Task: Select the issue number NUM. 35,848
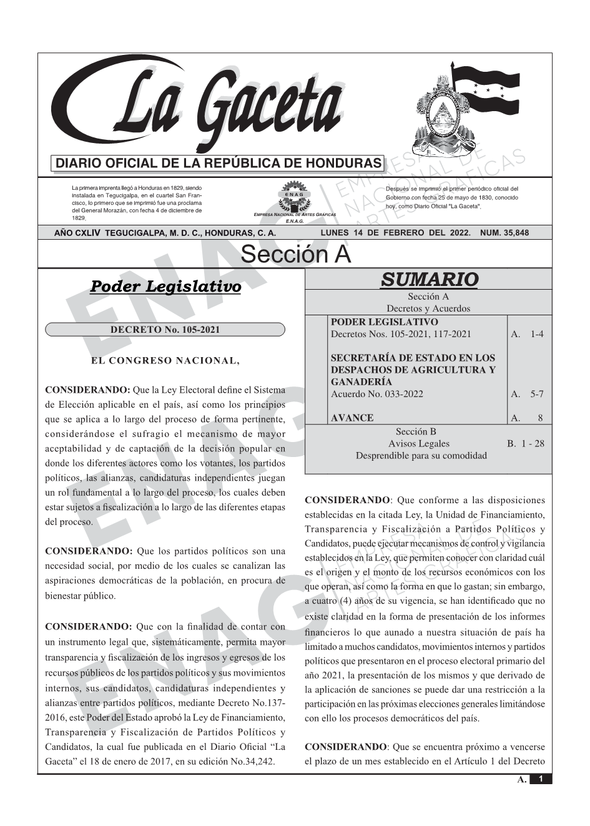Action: pyautogui.click(x=504, y=233)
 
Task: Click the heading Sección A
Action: pyautogui.click(x=295, y=255)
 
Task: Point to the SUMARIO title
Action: pyautogui.click(x=429, y=279)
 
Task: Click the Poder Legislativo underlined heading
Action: pyautogui.click(x=165, y=287)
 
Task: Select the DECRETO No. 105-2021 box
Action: pyautogui.click(x=165, y=330)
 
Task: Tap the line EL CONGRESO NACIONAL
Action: pyautogui.click(x=165, y=360)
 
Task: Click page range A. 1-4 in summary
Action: pyautogui.click(x=527, y=334)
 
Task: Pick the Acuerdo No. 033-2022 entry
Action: pyautogui.click(x=376, y=394)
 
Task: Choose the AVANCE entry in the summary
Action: pyautogui.click(x=352, y=418)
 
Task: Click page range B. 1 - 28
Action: pyautogui.click(x=525, y=444)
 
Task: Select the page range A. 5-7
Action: pyautogui.click(x=527, y=394)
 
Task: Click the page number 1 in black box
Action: pyautogui.click(x=541, y=779)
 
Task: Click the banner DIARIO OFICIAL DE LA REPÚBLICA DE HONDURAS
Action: pyautogui.click(x=219, y=164)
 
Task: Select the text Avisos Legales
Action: pyautogui.click(x=418, y=444)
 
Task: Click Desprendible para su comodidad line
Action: pyautogui.click(x=421, y=456)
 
